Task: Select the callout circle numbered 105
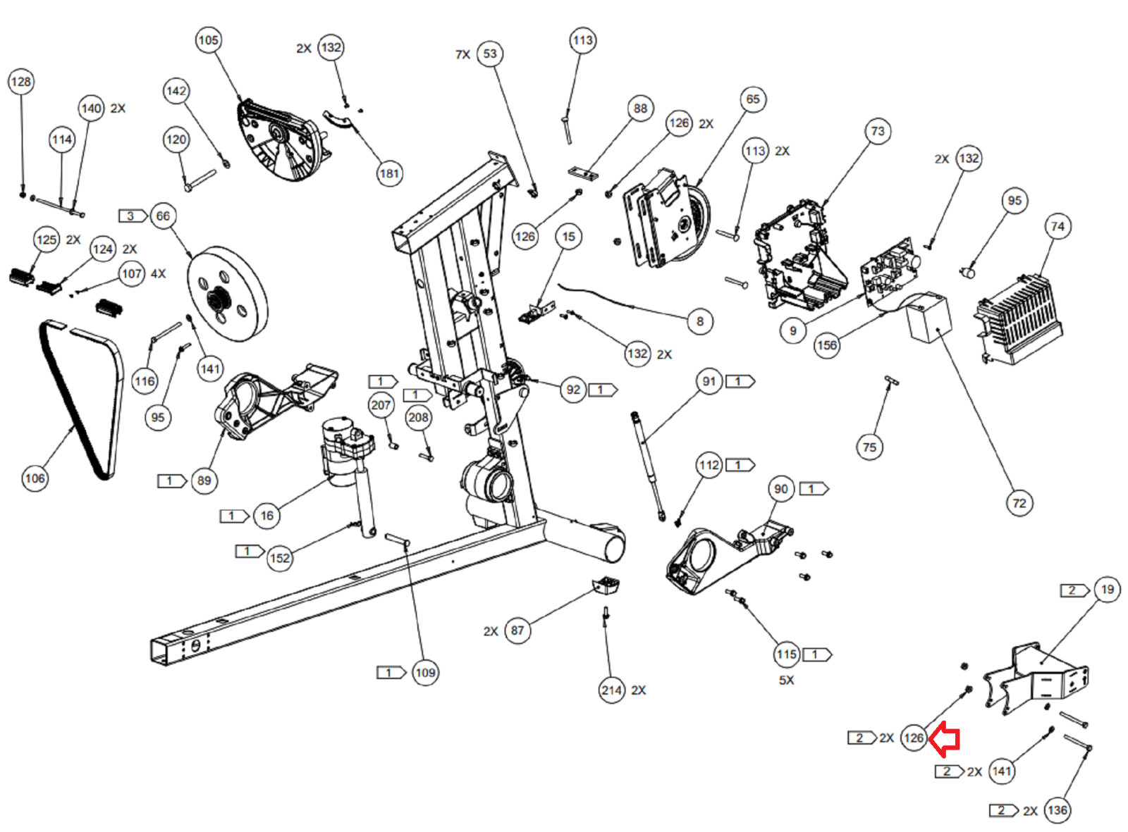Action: [x=209, y=40]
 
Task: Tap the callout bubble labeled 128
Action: [x=21, y=82]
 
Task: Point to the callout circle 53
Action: [x=490, y=54]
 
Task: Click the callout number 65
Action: [x=753, y=99]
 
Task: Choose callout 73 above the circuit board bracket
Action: [x=878, y=131]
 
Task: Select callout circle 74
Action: [x=1057, y=227]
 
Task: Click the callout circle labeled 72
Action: [x=1019, y=503]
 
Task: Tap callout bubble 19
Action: [x=1107, y=590]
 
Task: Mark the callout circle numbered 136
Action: [x=1057, y=810]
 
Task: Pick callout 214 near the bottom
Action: [x=611, y=690]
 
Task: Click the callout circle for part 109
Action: [x=425, y=673]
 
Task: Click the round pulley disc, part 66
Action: [x=227, y=294]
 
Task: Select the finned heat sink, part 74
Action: [x=1017, y=321]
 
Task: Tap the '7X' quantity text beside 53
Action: [x=462, y=54]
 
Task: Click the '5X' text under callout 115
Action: [x=786, y=680]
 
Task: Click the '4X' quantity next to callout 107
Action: [x=158, y=274]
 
